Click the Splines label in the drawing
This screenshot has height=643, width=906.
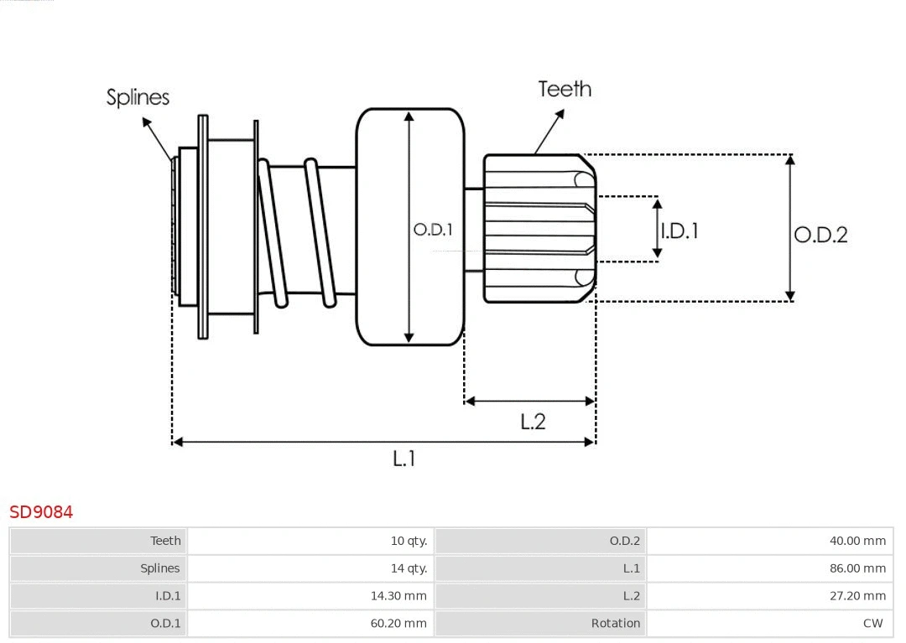pos(138,97)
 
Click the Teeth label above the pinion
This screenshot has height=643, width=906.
pos(565,89)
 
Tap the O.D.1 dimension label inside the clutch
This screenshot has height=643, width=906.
pos(433,230)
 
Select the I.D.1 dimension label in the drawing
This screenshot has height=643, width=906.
pos(679,231)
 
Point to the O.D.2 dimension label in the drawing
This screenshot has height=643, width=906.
pos(820,235)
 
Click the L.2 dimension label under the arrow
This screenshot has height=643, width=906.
pos(533,421)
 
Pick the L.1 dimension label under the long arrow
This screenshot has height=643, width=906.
pos(404,459)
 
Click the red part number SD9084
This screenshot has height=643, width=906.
pos(41,511)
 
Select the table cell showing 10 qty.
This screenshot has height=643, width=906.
pos(409,541)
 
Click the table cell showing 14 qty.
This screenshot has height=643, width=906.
pos(409,568)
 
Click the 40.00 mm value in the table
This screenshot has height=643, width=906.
pos(857,541)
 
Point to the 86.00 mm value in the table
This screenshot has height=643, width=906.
pos(857,568)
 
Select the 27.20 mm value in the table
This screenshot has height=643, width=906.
pos(857,596)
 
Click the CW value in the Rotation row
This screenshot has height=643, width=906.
pos(872,624)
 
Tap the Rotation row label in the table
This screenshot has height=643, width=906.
pos(615,624)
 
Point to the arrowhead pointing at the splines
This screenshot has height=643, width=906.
pos(146,122)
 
